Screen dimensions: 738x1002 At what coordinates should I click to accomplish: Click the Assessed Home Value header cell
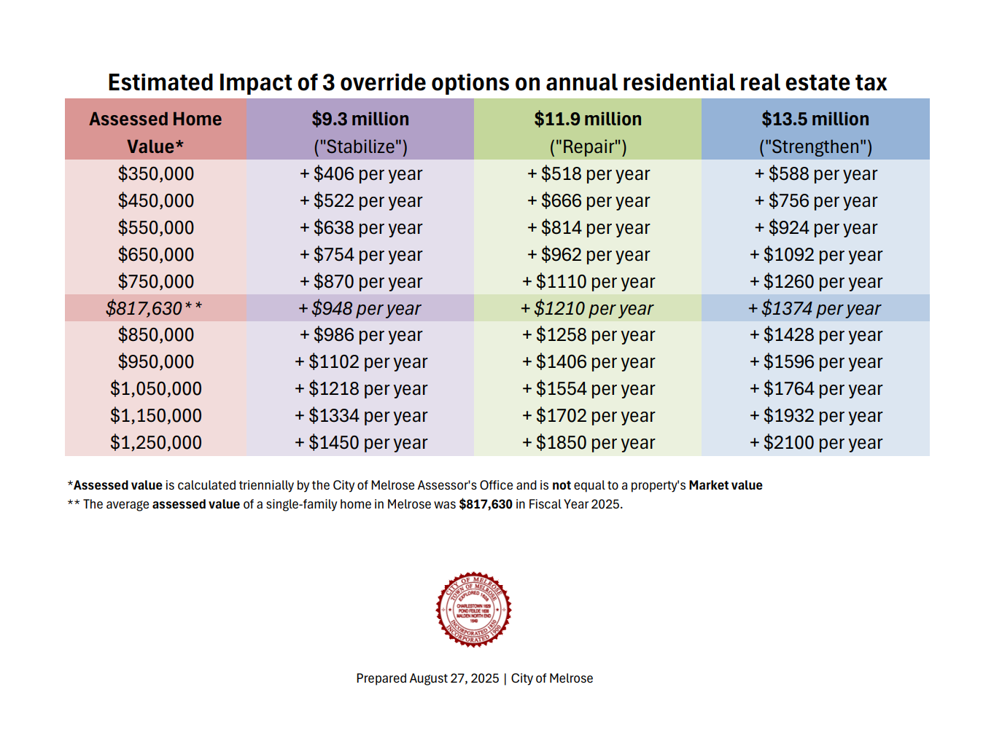155,132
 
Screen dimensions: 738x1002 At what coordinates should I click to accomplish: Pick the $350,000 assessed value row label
156,174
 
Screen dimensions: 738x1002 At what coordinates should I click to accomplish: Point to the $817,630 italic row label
154,309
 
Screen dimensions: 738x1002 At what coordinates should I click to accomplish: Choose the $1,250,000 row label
156,443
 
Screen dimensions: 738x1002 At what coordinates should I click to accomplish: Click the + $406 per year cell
361,174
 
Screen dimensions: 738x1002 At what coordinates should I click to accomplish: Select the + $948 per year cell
360,309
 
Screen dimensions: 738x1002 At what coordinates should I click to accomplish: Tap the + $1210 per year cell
587,309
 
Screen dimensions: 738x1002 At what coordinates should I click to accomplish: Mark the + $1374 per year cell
815,309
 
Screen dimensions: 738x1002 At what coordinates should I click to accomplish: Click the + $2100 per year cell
816,443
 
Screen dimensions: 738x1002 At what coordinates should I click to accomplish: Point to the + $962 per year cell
589,255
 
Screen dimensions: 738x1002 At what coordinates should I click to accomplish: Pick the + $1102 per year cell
361,362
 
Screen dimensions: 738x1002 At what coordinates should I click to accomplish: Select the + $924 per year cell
816,228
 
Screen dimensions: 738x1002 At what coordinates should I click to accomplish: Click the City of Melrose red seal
474,609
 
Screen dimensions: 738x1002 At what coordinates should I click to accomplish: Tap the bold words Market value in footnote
726,485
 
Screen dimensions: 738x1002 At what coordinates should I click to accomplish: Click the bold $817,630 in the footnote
486,504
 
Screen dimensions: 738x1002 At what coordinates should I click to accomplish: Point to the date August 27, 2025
454,678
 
